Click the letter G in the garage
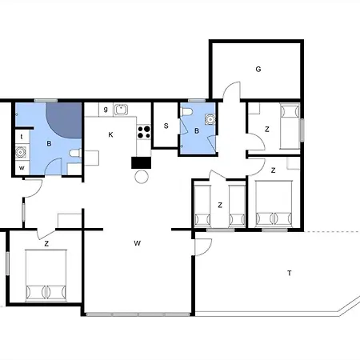258,70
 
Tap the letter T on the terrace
290,273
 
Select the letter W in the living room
138,243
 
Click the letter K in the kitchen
110,134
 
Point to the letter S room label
166,126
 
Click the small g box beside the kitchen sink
106,110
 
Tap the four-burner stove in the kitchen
144,132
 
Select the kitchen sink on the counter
122,110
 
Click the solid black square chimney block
141,162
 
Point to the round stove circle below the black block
142,177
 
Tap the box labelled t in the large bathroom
22,137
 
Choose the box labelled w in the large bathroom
22,168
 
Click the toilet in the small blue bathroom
186,112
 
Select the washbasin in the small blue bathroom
210,119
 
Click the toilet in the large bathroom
75,154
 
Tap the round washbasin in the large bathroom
21,152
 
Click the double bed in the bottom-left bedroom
46,275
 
